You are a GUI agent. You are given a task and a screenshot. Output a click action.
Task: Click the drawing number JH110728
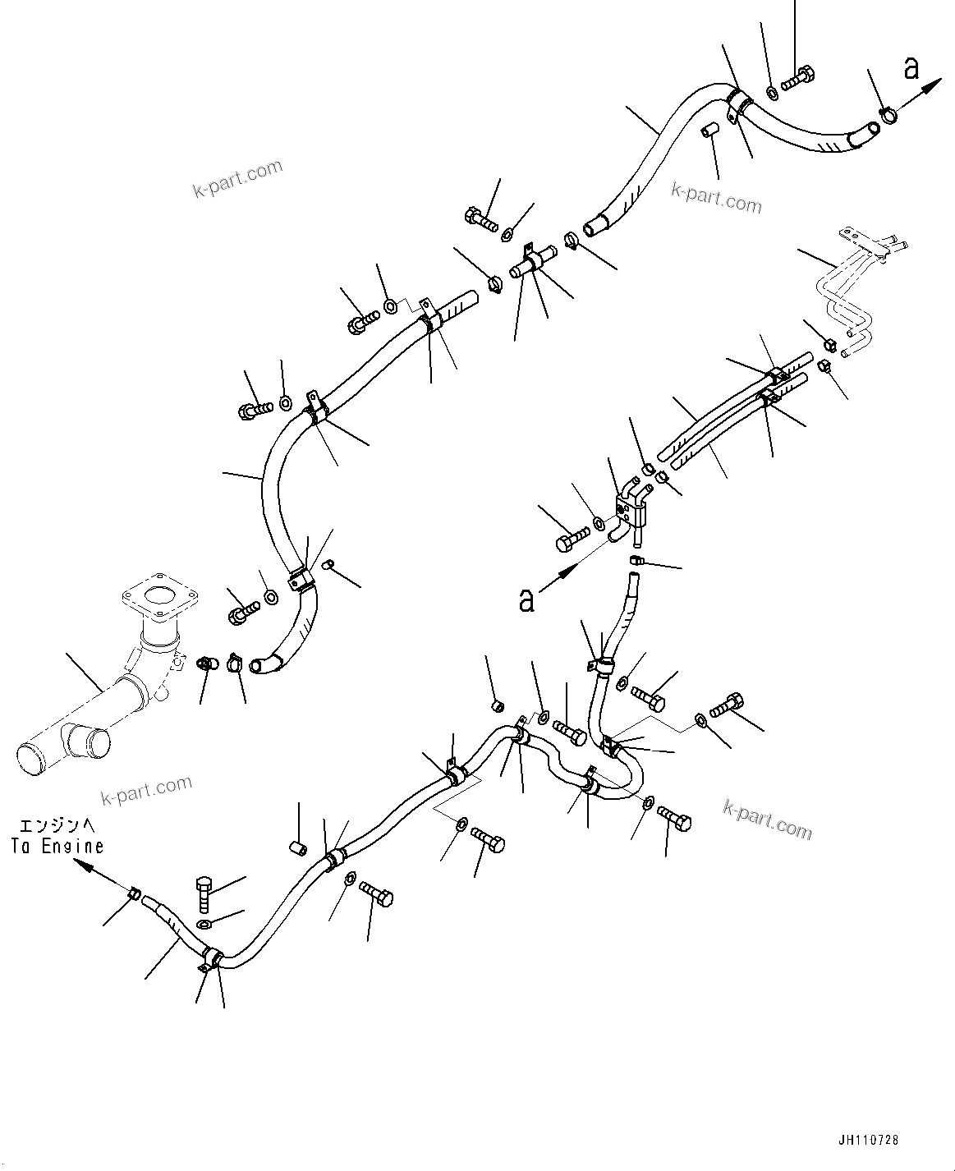click(x=869, y=1141)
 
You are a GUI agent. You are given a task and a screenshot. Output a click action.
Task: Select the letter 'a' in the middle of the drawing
click(x=526, y=599)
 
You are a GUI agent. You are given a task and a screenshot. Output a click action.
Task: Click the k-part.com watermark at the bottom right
click(x=767, y=820)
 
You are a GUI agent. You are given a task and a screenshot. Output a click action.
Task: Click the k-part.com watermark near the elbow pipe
click(x=146, y=790)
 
